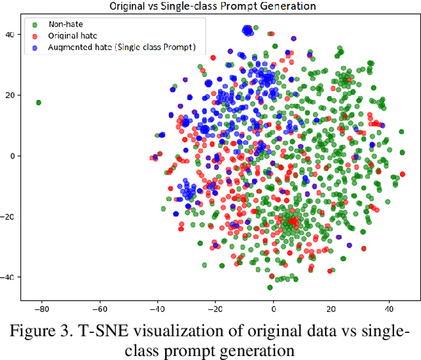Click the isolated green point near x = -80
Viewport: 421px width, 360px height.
(x=38, y=103)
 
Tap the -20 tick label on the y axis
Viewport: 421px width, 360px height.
(x=10, y=217)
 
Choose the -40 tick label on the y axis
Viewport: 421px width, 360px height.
(x=10, y=277)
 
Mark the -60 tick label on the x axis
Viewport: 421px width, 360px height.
(x=99, y=307)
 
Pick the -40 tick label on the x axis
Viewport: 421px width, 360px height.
(x=157, y=307)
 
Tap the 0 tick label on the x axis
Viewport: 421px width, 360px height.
(x=274, y=307)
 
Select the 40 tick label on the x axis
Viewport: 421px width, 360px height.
(x=389, y=307)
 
